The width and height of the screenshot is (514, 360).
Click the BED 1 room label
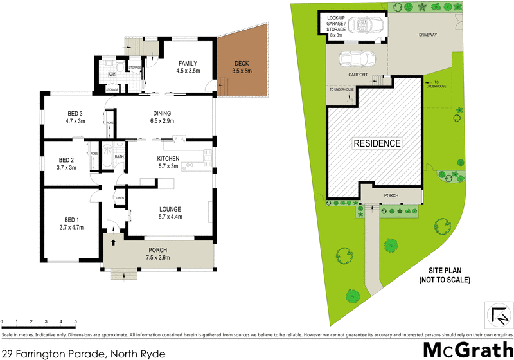click(x=67, y=219)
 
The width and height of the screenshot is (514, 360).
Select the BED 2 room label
click(x=67, y=160)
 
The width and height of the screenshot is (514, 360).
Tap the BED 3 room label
click(x=75, y=113)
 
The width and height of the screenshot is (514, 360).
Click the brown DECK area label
click(x=242, y=63)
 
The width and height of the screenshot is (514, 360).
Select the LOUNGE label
click(x=170, y=209)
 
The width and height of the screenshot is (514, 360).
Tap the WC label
click(x=112, y=75)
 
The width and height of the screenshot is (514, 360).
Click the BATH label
click(x=119, y=156)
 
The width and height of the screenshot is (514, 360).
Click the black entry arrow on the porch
click(x=114, y=242)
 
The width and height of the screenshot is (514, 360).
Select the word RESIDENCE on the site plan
click(x=377, y=143)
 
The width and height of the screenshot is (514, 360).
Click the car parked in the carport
click(x=359, y=59)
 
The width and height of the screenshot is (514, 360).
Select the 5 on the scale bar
click(x=76, y=321)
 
